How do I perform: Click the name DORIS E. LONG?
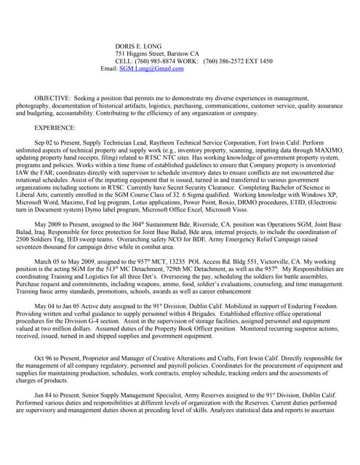point(140,45)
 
